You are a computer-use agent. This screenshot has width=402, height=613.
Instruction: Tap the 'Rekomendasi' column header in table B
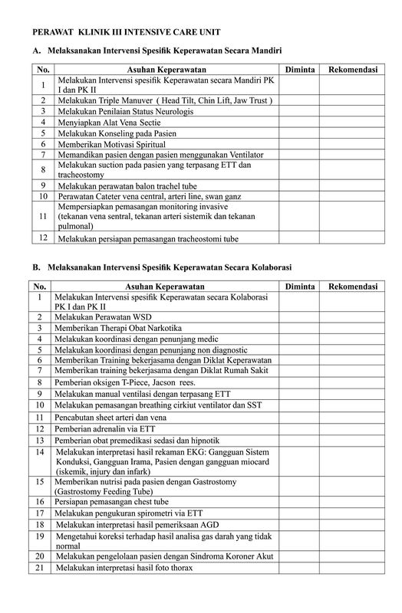click(x=352, y=286)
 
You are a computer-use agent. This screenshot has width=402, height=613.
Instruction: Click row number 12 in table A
click(x=44, y=238)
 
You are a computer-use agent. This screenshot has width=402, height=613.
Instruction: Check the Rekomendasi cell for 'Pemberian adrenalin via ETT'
click(x=352, y=429)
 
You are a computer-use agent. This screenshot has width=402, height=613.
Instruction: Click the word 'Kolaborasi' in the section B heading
click(x=268, y=267)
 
